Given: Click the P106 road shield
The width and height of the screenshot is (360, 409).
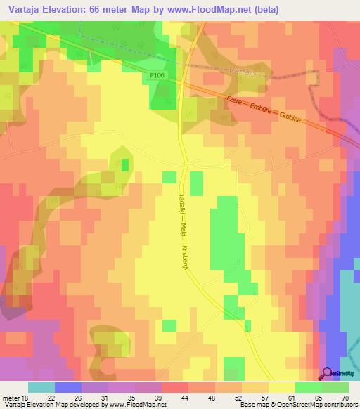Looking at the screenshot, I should tap(156, 74).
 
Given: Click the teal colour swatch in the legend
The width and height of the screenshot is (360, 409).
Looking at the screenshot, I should tap(41, 387).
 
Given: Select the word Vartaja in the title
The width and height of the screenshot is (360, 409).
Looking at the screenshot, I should tap(27, 10).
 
